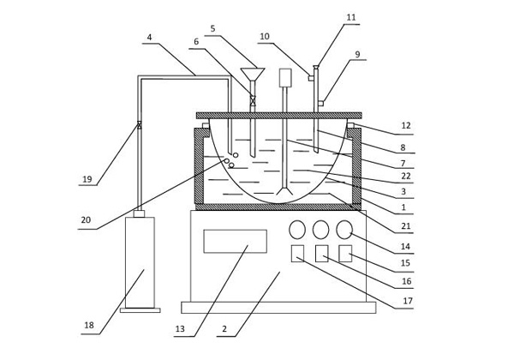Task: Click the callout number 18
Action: point(89,326)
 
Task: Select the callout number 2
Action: point(224,329)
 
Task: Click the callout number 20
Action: point(87,220)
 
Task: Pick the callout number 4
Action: point(150,38)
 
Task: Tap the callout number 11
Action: point(351,17)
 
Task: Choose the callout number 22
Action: point(407,177)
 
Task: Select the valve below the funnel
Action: point(253,100)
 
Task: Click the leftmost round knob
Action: point(297,230)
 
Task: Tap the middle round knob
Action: point(321,230)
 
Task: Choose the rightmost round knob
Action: point(345,230)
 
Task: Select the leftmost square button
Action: point(297,253)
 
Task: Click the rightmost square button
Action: point(345,253)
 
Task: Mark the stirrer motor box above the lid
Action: point(285,77)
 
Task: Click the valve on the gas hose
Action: point(138,126)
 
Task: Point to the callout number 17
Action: point(407,301)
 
